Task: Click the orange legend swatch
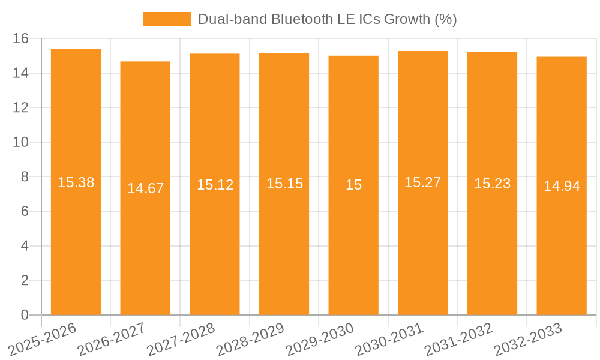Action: (x=166, y=19)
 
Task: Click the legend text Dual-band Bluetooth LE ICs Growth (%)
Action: (x=327, y=19)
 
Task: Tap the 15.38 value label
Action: (x=76, y=182)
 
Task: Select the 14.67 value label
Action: (x=145, y=188)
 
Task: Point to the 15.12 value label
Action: (x=215, y=185)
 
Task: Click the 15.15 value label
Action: (x=284, y=184)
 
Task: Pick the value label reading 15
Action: (x=353, y=185)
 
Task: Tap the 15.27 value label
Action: (x=423, y=182)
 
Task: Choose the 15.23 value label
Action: (x=492, y=184)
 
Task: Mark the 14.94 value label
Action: (x=562, y=186)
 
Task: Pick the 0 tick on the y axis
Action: (x=24, y=315)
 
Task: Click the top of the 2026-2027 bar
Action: (x=145, y=62)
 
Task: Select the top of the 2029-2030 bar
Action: (x=353, y=56)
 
